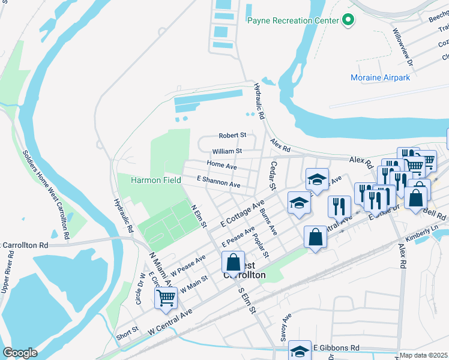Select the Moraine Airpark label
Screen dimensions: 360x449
point(380,77)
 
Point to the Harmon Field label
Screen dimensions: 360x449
point(157,180)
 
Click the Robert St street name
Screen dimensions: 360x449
point(232,136)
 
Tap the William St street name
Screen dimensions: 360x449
point(227,151)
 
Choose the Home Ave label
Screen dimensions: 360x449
point(221,165)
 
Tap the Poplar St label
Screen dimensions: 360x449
point(261,245)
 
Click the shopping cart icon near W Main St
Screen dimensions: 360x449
point(166,298)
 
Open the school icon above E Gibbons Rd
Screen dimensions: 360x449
point(300,351)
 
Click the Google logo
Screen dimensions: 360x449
point(20,352)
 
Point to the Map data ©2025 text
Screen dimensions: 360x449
point(424,355)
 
